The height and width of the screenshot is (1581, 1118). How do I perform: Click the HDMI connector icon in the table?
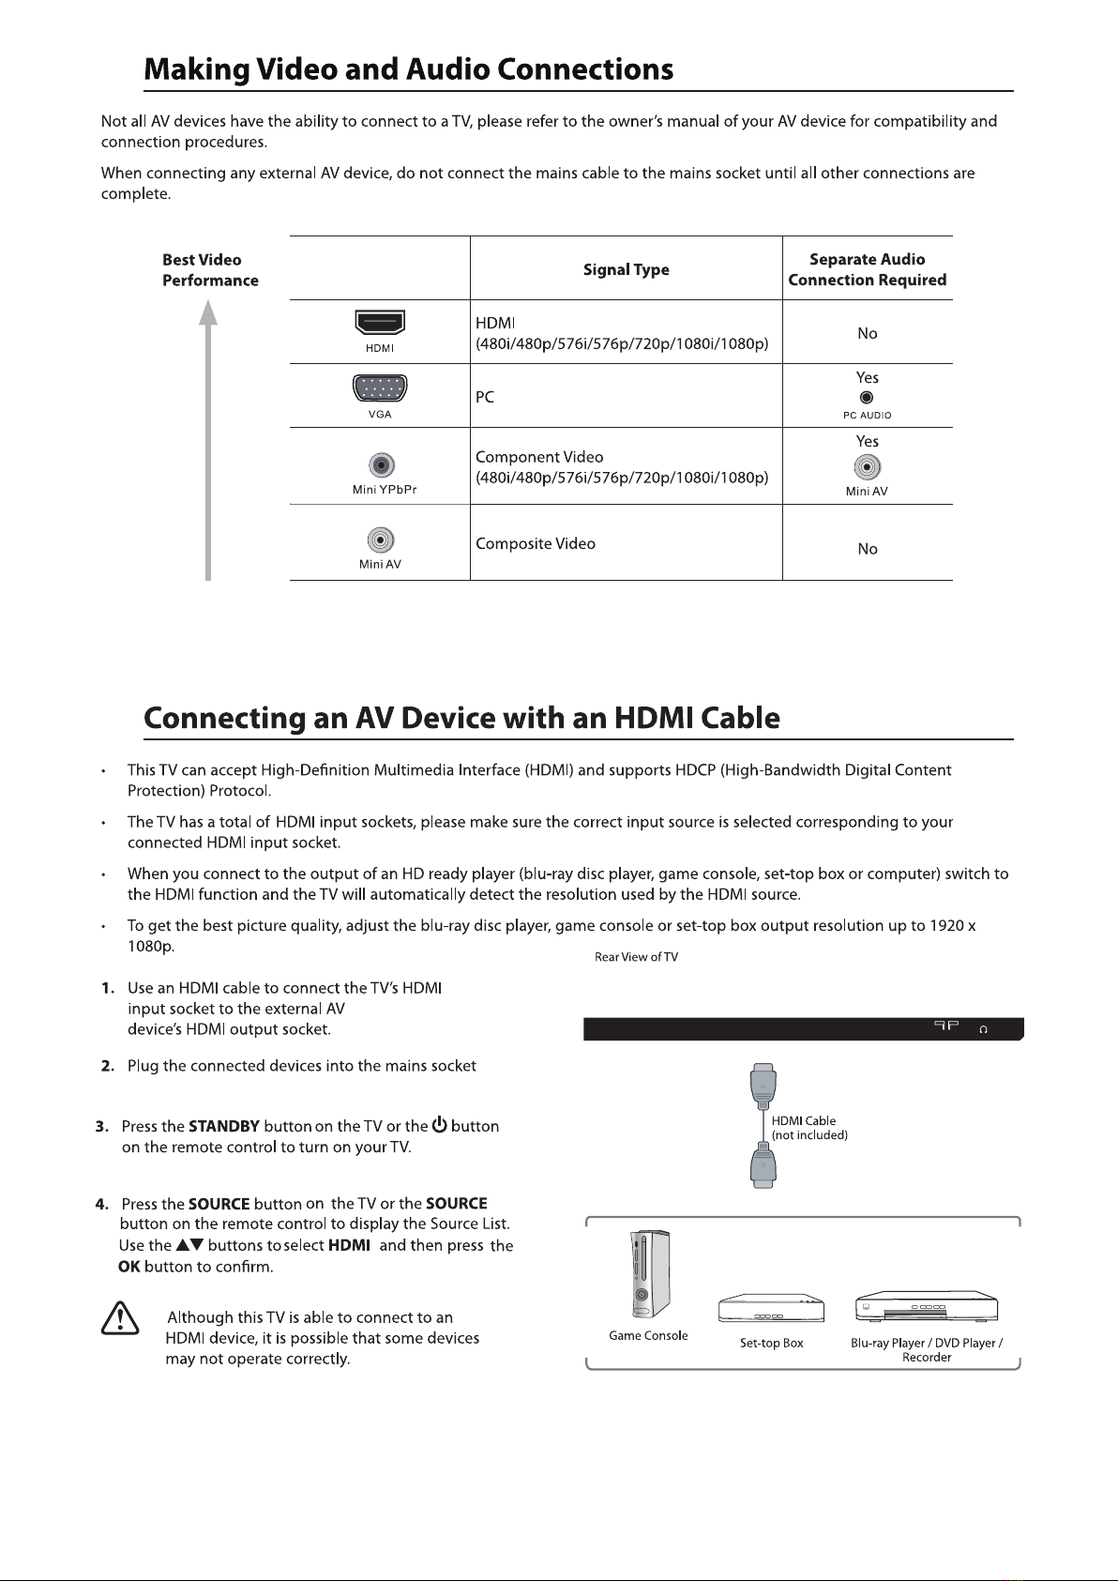pyautogui.click(x=379, y=323)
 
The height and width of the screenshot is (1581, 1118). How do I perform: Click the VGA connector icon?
pyautogui.click(x=379, y=388)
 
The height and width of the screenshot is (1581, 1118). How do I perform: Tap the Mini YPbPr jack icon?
pyautogui.click(x=379, y=465)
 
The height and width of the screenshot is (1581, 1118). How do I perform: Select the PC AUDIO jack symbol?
pyautogui.click(x=867, y=397)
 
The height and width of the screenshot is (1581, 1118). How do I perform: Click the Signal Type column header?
pyautogui.click(x=626, y=270)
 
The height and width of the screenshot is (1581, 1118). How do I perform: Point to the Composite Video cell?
pyautogui.click(x=536, y=544)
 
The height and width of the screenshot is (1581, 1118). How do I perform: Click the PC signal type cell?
pyautogui.click(x=485, y=397)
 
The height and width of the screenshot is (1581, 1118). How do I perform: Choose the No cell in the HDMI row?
pyautogui.click(x=867, y=333)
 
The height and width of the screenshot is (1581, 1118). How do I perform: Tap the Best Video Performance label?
pyautogui.click(x=209, y=270)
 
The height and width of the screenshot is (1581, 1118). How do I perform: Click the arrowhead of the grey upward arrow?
pyautogui.click(x=208, y=312)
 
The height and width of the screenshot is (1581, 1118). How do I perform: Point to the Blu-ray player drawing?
pyautogui.click(x=926, y=1307)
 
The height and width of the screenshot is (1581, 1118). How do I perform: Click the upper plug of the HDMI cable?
pyautogui.click(x=763, y=1084)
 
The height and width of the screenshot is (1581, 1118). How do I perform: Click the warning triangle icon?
pyautogui.click(x=119, y=1319)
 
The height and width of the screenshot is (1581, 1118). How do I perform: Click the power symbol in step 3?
pyautogui.click(x=439, y=1125)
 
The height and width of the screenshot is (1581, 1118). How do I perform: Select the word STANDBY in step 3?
pyautogui.click(x=223, y=1126)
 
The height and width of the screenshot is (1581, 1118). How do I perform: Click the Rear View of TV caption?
pyautogui.click(x=636, y=957)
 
